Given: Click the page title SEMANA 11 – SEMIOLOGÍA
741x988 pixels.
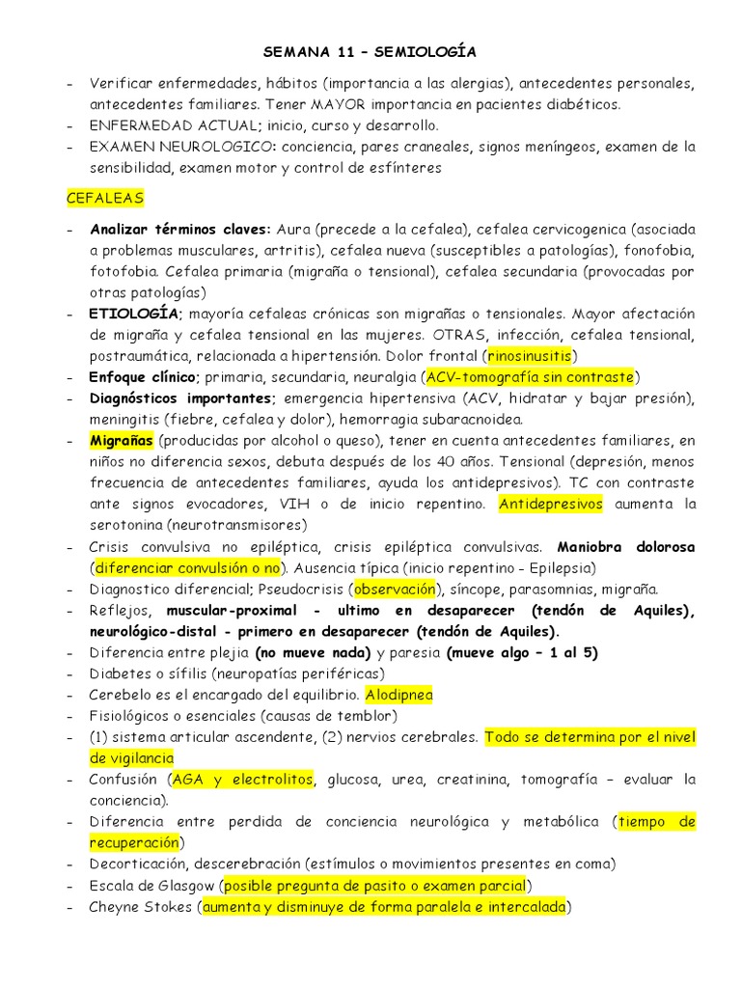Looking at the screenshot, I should point(370,50).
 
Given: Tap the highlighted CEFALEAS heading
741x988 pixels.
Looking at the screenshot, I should point(104,198).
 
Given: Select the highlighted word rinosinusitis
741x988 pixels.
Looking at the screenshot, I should point(529,355).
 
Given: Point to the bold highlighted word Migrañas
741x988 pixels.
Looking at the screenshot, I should point(122,440).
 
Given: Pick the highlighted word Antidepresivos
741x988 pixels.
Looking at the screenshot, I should point(551,504).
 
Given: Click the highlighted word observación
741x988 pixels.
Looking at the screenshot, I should point(395,589).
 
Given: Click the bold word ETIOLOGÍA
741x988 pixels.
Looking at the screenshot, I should point(133,313).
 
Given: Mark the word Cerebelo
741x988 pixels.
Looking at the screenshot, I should point(121,695).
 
